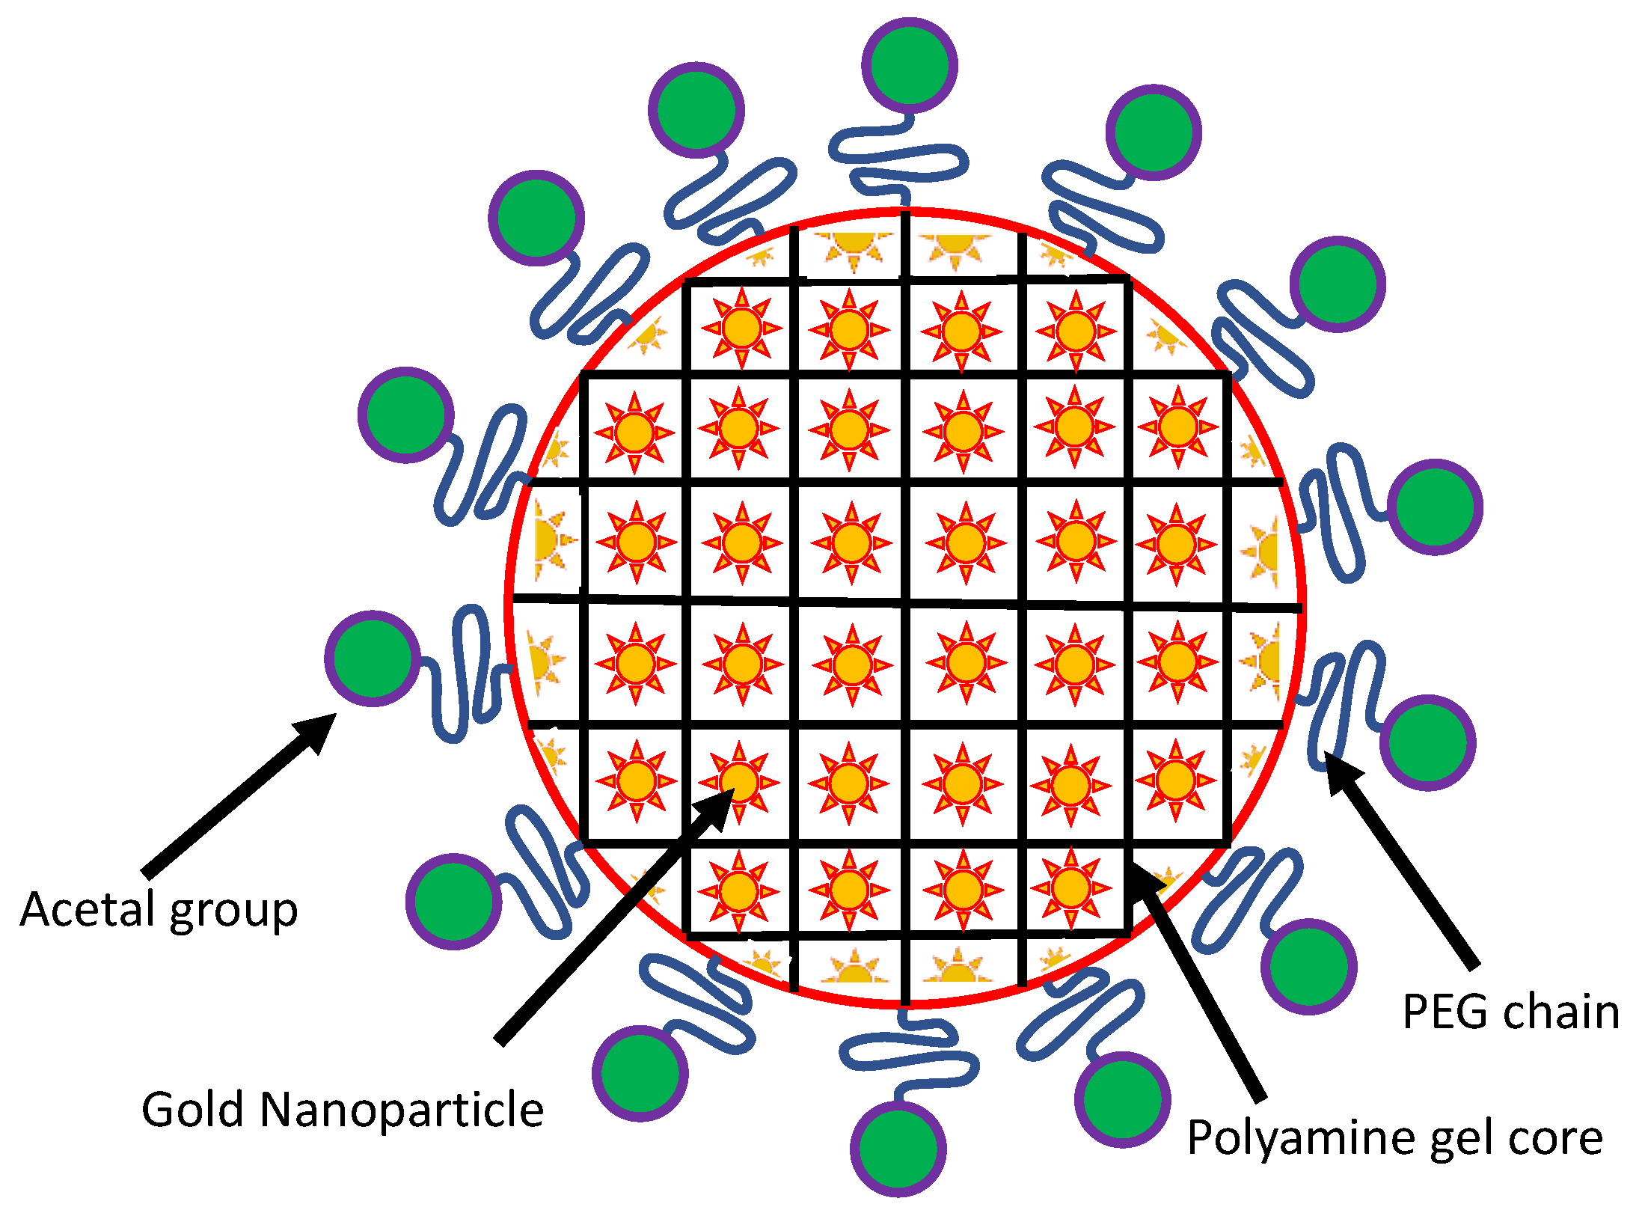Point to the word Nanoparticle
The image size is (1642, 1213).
pos(402,1110)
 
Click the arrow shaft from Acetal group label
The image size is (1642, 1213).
pos(224,807)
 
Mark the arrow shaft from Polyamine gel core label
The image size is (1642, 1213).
pos(1204,995)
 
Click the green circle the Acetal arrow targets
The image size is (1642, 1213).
pos(372,659)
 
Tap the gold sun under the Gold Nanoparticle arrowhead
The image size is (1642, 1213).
pos(739,781)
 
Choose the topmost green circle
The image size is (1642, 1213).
pos(909,66)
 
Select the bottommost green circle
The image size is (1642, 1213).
pos(898,1149)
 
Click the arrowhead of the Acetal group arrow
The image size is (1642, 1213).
pos(318,730)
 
